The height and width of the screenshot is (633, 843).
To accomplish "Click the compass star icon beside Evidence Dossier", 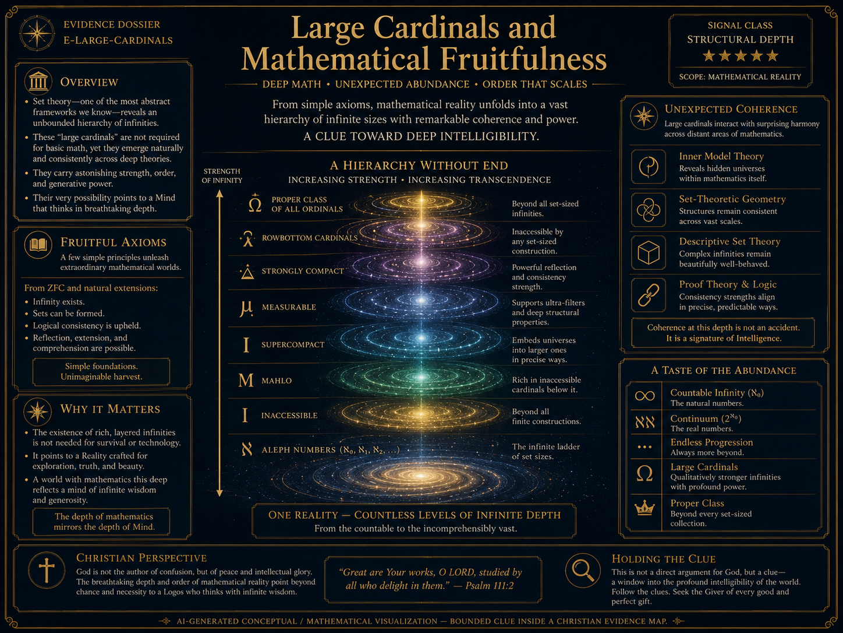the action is pyautogui.click(x=37, y=33).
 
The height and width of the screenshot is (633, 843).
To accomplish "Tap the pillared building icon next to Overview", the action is pyautogui.click(x=38, y=82).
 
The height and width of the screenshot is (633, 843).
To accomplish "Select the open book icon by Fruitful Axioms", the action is pyautogui.click(x=38, y=245).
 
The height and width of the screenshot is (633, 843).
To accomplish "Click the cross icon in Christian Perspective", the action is pyautogui.click(x=47, y=571).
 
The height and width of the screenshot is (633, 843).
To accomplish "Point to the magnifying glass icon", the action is pyautogui.click(x=583, y=571).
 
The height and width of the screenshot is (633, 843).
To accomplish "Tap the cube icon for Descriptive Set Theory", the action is pyautogui.click(x=649, y=252).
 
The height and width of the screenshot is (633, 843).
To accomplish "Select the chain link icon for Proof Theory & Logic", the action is pyautogui.click(x=649, y=295).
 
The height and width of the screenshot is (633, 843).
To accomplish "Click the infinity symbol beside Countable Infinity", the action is pyautogui.click(x=644, y=396).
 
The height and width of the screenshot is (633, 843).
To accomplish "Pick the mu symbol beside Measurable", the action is pyautogui.click(x=246, y=308).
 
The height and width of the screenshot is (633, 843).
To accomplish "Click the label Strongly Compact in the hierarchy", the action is pyautogui.click(x=303, y=271).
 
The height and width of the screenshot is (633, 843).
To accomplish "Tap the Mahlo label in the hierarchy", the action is pyautogui.click(x=277, y=381).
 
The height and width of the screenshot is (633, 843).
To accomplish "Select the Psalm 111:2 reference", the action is pyautogui.click(x=489, y=585).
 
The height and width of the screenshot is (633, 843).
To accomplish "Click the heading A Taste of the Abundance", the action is pyautogui.click(x=724, y=370).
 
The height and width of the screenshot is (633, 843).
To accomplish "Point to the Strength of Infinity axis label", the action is pyautogui.click(x=222, y=175).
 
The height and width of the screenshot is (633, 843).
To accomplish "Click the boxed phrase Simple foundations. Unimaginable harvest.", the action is pyautogui.click(x=101, y=371).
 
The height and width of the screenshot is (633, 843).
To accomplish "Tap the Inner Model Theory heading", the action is pyautogui.click(x=721, y=156).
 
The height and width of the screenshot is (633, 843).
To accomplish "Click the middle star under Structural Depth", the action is pyautogui.click(x=740, y=56).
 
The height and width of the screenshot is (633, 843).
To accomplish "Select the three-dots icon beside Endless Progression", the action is pyautogui.click(x=644, y=447).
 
